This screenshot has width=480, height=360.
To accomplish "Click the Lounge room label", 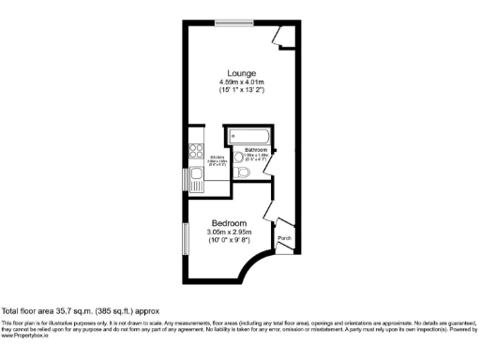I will click(242, 73).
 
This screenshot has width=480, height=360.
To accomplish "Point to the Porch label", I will click(285, 238).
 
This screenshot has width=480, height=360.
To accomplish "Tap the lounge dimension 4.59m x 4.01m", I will click(242, 82).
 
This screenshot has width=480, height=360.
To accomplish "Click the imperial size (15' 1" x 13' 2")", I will click(242, 91).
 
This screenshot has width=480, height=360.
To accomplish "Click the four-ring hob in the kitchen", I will click(196, 149).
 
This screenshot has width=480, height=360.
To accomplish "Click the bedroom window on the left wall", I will click(185, 238).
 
